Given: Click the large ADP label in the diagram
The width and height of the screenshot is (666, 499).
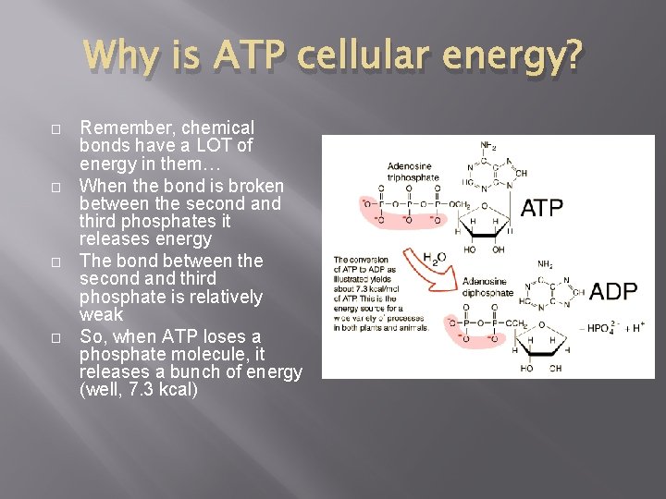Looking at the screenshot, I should tap(613, 292).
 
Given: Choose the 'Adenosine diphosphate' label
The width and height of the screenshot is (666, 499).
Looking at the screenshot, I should tap(488, 287).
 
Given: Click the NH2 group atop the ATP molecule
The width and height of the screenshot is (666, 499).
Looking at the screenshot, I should tap(488, 145).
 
